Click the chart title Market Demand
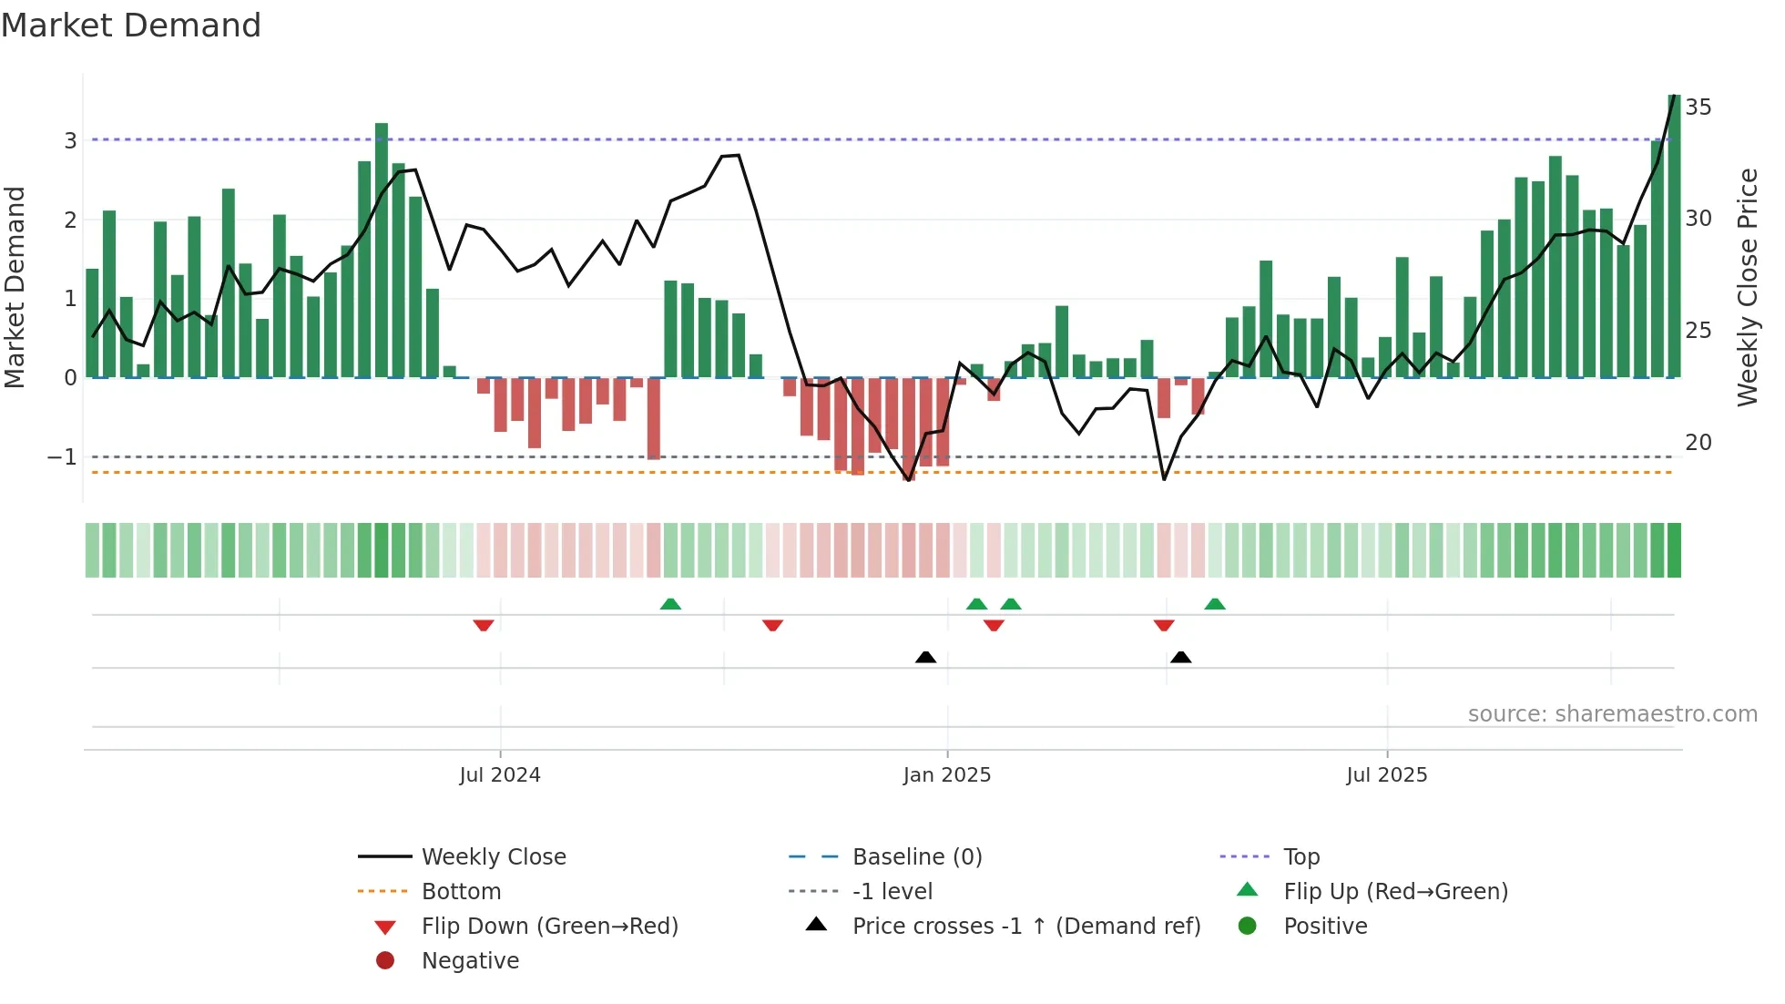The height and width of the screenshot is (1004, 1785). [131, 26]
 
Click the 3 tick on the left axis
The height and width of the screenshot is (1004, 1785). [70, 140]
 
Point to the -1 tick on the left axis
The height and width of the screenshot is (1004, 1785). [63, 456]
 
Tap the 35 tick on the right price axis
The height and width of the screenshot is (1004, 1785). [1698, 108]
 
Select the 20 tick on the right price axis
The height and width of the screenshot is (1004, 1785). [1698, 443]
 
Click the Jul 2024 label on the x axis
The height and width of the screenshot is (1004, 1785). [500, 775]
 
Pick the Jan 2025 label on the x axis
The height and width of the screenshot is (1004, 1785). [947, 775]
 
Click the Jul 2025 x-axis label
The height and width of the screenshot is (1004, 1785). [1387, 775]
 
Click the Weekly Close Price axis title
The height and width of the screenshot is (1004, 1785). [1747, 287]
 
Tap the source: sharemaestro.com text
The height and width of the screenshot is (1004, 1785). [1612, 714]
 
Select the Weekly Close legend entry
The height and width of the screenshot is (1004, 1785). [493, 857]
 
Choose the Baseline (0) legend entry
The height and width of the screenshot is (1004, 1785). [916, 857]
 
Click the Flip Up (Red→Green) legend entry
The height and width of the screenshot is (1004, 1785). [1395, 892]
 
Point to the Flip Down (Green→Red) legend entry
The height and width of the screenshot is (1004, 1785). [549, 927]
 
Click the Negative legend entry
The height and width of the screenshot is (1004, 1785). [470, 961]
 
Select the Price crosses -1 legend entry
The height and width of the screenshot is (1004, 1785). [1025, 927]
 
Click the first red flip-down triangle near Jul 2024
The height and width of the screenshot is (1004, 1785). [484, 625]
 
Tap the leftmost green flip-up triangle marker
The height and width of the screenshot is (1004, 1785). [670, 604]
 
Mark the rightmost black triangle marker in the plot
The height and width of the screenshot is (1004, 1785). [1181, 657]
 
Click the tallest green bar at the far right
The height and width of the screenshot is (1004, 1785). [1674, 237]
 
